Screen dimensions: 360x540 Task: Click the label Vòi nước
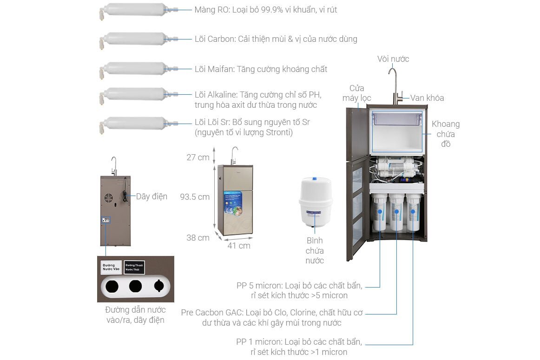(393, 59)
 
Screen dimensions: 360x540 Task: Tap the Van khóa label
(427, 98)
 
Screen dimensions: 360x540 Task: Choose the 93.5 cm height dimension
(195, 196)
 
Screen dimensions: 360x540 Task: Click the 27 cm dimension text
(198, 157)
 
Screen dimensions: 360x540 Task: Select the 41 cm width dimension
(239, 245)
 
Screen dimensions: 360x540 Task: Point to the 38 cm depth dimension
(198, 237)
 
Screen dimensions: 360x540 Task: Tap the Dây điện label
(151, 196)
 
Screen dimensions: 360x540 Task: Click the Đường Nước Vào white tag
(111, 267)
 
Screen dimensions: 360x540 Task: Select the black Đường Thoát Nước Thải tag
(134, 267)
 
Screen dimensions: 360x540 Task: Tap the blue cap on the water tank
(316, 178)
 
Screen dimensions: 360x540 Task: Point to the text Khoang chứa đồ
(446, 134)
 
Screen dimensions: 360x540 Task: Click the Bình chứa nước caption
(315, 250)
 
